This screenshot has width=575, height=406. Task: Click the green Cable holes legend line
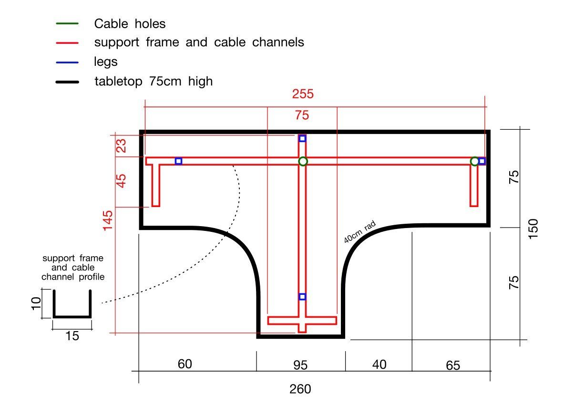point(67,24)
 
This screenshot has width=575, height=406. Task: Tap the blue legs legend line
point(67,62)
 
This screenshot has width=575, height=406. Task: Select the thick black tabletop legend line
point(67,82)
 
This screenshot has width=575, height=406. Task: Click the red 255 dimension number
point(303,94)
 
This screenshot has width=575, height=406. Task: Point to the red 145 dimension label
point(108,221)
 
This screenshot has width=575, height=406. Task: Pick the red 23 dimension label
point(121,146)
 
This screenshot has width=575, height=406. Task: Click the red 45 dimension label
point(121,181)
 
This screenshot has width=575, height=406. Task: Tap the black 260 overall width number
point(300,389)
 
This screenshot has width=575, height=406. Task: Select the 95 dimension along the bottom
point(300,365)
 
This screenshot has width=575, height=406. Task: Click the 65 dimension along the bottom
point(453,365)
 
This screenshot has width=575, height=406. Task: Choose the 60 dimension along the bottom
point(185,364)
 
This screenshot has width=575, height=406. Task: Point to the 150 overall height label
point(533,229)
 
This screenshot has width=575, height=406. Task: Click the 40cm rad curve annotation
point(360,232)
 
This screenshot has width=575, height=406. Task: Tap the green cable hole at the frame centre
point(303,161)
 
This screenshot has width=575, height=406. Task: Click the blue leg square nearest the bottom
point(302,297)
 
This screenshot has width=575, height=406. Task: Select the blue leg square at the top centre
point(302,139)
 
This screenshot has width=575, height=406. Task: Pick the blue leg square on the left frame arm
point(178,161)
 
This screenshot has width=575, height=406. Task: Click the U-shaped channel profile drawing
point(72,316)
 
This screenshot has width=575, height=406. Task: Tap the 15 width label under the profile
point(72,336)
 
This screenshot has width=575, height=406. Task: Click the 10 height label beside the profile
point(36,304)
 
